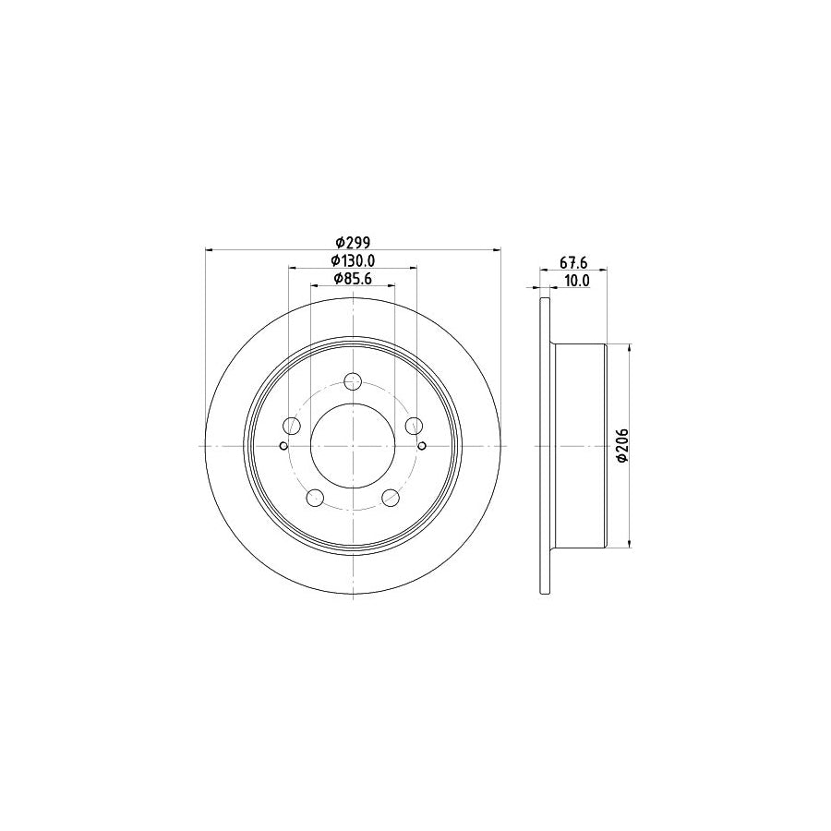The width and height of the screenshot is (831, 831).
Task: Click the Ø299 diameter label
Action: pos(353,242)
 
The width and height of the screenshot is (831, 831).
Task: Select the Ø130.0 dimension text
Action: pos(353,260)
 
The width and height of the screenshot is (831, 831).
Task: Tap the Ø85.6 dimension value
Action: pos(353,279)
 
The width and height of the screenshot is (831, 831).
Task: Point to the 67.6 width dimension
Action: pos(573,262)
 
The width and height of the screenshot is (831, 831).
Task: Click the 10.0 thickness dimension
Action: pos(577,281)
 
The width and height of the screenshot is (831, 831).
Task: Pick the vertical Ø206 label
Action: pos(622,446)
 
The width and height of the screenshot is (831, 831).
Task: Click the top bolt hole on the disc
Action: pos(353,380)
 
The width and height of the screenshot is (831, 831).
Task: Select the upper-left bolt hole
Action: pos(292,425)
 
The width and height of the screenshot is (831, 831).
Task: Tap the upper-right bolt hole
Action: pos(414,425)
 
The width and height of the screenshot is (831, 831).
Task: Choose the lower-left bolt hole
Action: pos(316,497)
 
